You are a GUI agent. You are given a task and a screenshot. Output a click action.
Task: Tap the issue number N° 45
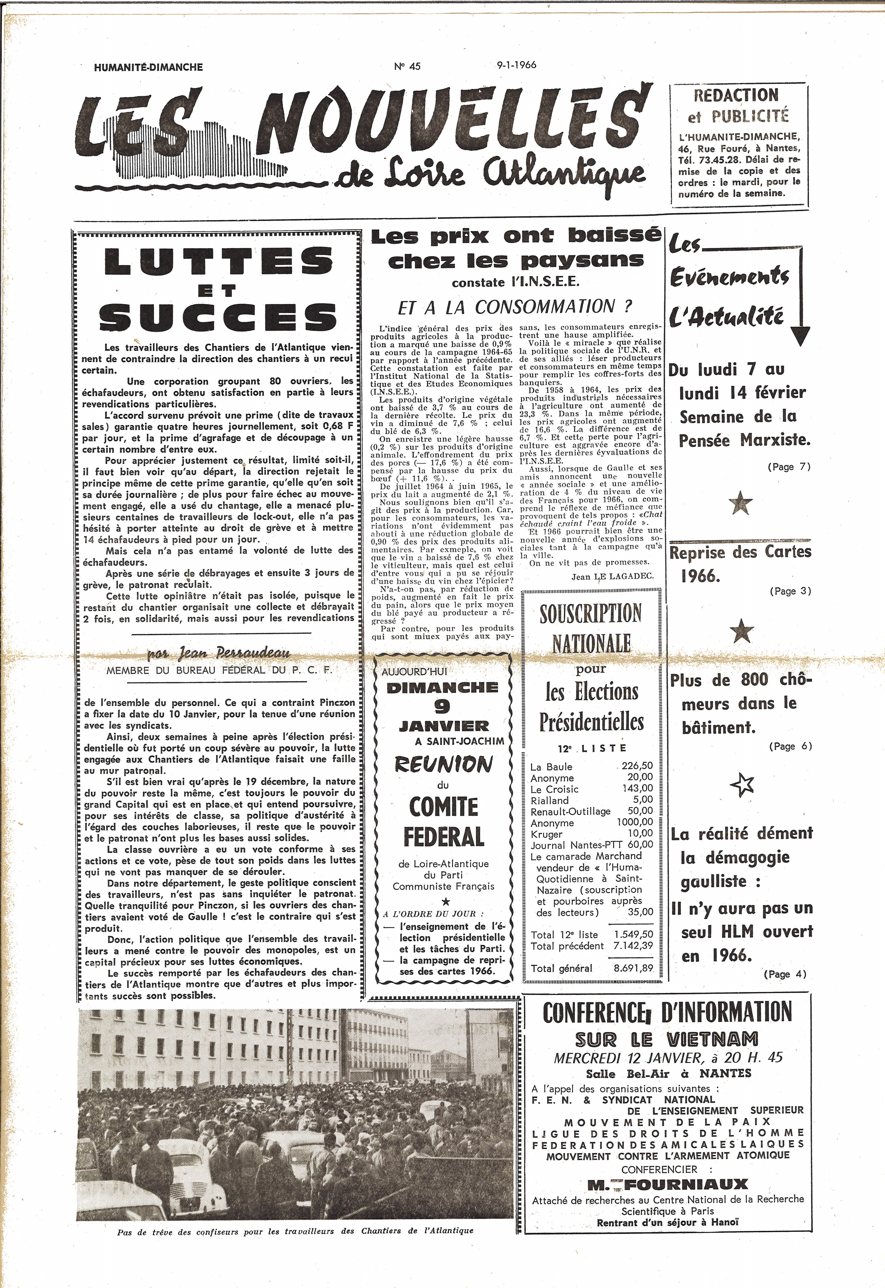click(x=408, y=66)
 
